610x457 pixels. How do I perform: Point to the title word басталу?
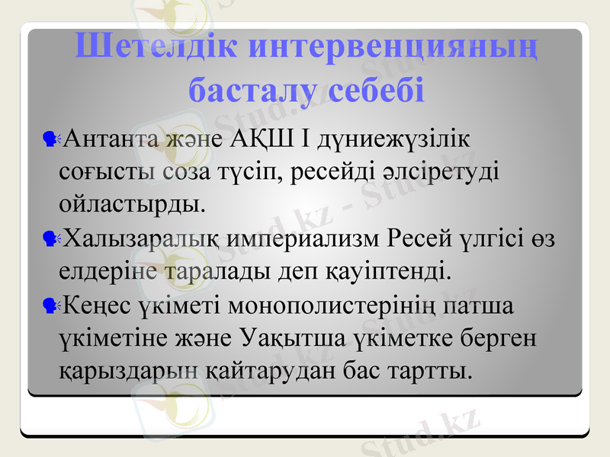tap(243, 89)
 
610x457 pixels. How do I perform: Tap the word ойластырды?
tap(132, 204)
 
